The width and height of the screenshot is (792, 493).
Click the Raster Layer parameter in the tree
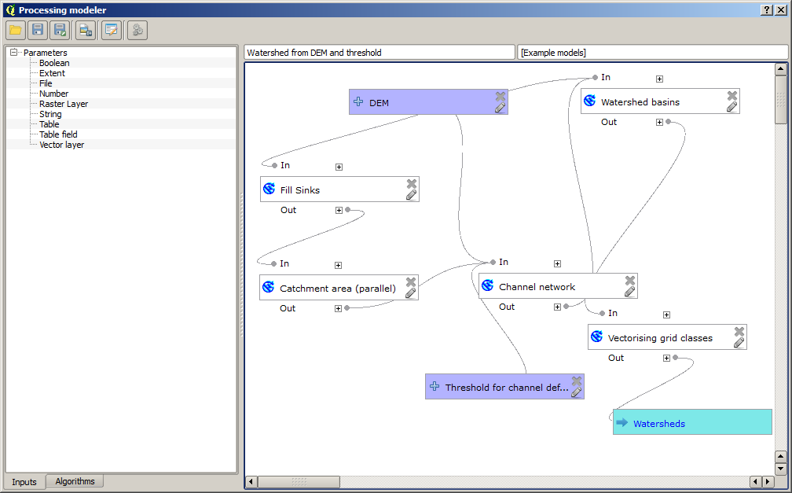[64, 104]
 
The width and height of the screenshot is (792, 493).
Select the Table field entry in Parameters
[58, 134]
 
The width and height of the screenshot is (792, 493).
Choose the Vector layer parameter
[61, 145]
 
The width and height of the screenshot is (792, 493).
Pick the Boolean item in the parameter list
[54, 63]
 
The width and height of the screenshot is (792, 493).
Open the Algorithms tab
[75, 481]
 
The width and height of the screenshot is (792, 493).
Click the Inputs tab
[24, 482]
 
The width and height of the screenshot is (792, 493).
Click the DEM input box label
[379, 103]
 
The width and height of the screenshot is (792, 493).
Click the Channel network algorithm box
[537, 287]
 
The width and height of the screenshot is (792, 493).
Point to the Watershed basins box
[640, 102]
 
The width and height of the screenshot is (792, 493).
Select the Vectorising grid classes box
[660, 338]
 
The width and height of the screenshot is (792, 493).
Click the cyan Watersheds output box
[691, 423]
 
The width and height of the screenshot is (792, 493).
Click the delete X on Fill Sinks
[411, 183]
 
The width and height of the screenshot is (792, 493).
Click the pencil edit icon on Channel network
[629, 292]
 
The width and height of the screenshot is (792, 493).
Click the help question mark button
[767, 9]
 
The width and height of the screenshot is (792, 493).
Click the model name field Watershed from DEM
[379, 53]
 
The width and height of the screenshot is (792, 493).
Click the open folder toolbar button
[15, 30]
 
